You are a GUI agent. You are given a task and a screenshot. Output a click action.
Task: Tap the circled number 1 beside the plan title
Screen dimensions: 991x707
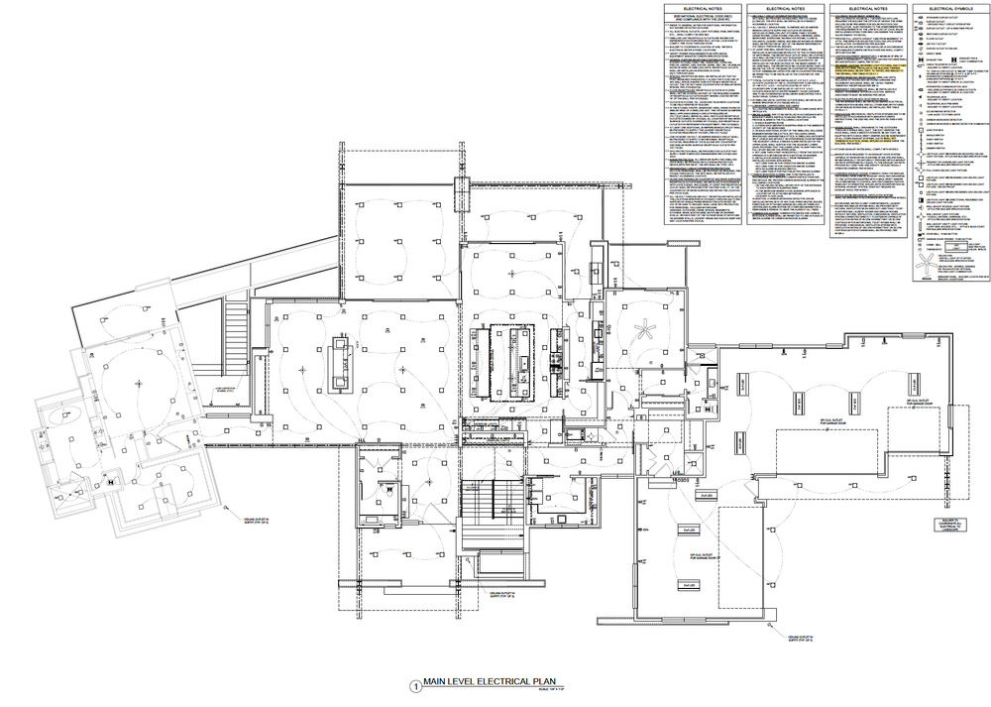click(414, 684)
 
